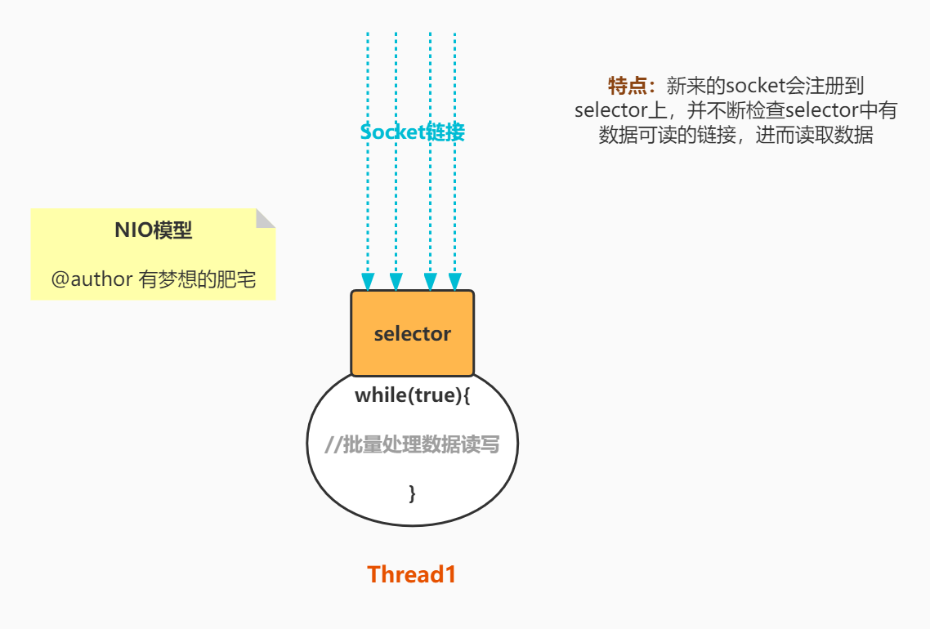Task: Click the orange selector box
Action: [413, 333]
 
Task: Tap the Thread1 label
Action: [412, 574]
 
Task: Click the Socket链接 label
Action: [413, 132]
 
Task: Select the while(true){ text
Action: [413, 395]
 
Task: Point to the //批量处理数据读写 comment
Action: [412, 444]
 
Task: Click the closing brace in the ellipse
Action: [412, 493]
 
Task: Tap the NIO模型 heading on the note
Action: [154, 230]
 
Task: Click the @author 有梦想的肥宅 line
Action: [154, 279]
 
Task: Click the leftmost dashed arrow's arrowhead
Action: [368, 283]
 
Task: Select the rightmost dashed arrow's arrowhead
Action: [454, 283]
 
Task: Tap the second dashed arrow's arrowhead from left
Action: [396, 283]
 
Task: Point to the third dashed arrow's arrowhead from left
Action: [430, 283]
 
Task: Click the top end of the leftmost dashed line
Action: [368, 34]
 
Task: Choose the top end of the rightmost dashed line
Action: [454, 34]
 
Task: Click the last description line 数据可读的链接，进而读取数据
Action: [736, 135]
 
